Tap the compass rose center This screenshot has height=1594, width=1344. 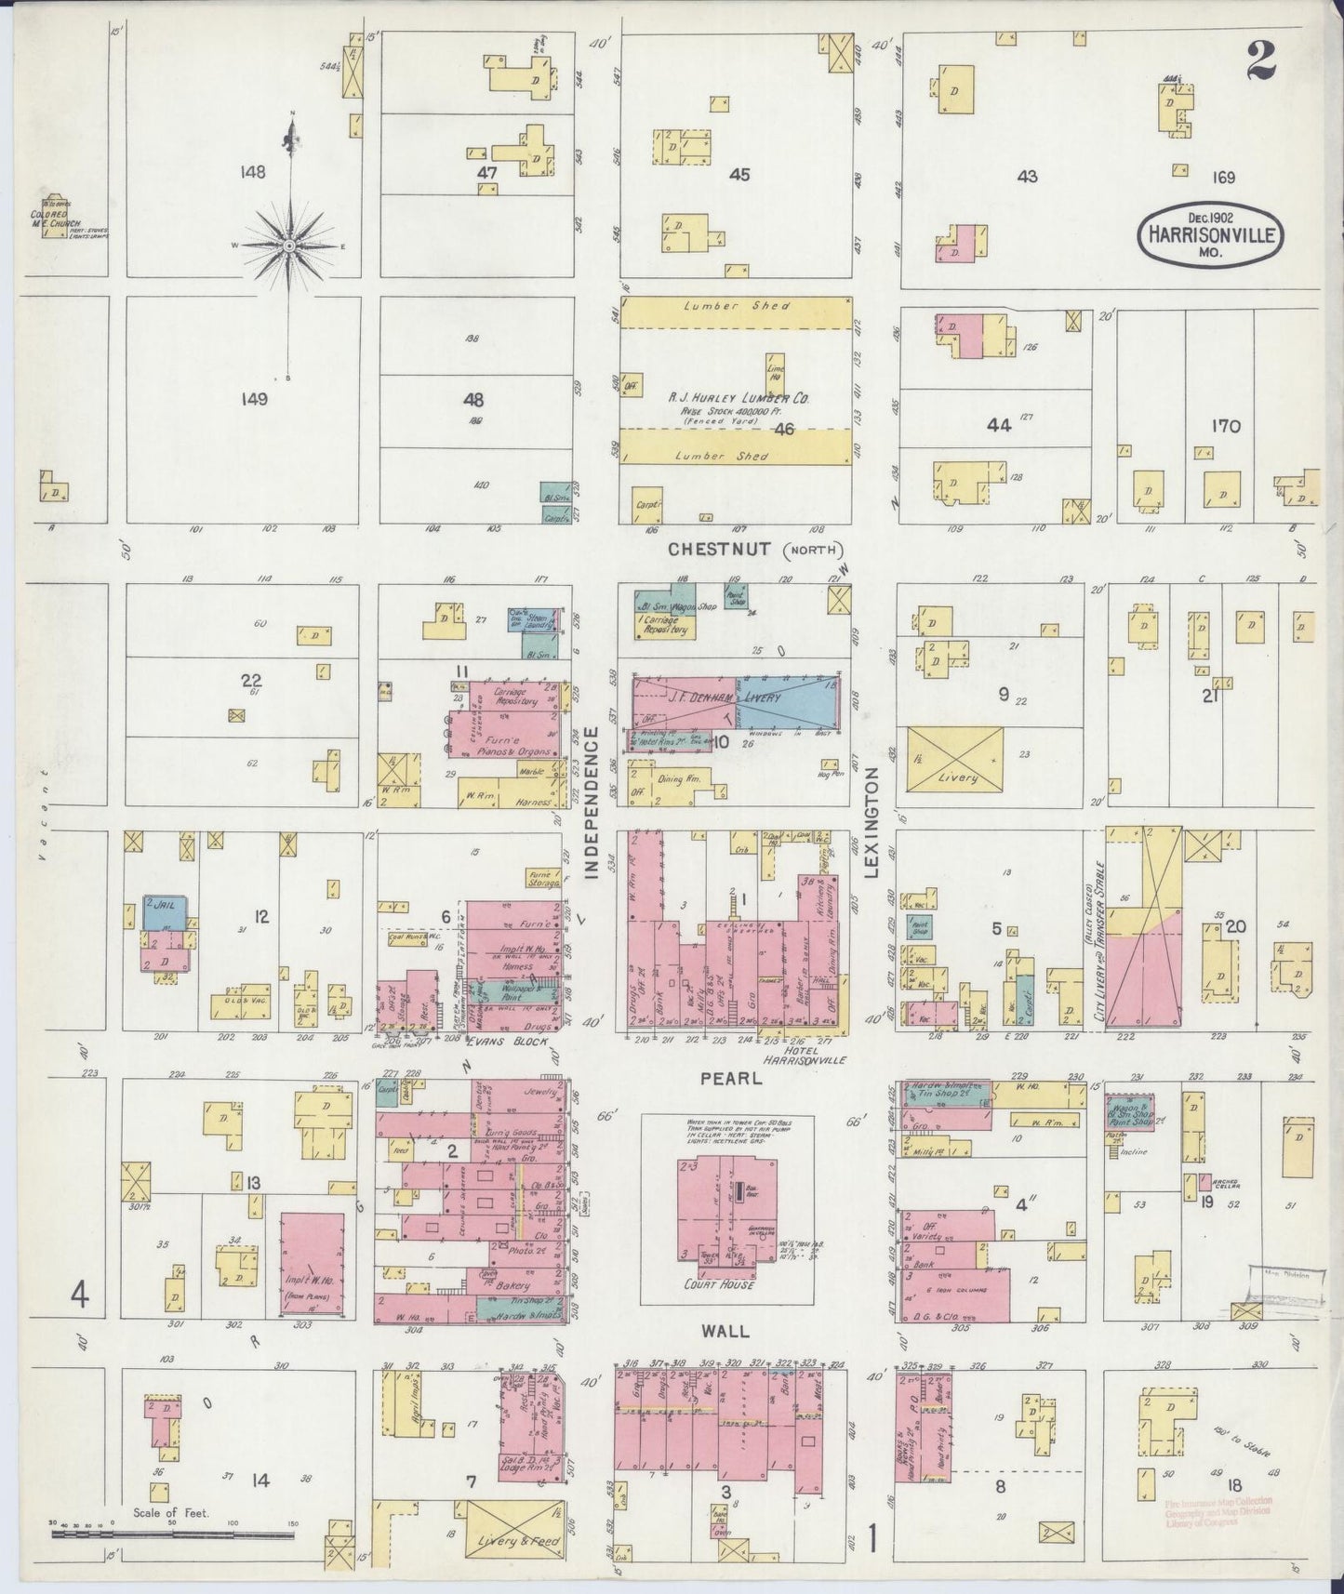(289, 246)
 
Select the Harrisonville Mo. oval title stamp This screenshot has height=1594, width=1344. (1210, 234)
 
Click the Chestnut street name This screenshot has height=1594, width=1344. (719, 549)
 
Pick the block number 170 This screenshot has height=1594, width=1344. (1225, 426)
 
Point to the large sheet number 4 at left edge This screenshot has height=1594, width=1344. (81, 1295)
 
